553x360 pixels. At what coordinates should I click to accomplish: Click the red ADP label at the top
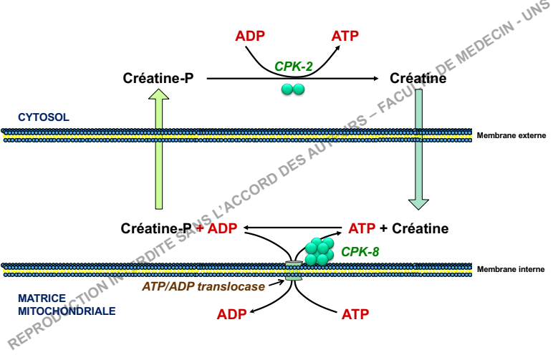250,36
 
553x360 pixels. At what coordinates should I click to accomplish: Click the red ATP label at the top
345,36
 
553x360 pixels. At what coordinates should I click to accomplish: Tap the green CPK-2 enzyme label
294,67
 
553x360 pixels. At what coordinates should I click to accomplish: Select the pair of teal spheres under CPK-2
293,89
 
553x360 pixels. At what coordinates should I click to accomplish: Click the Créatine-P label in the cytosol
158,78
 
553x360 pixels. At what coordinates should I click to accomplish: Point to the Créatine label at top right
418,78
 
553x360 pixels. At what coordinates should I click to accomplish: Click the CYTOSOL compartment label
44,117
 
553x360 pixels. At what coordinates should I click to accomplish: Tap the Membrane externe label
511,135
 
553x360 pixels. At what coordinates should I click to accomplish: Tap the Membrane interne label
511,269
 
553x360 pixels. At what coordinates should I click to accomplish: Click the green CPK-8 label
360,251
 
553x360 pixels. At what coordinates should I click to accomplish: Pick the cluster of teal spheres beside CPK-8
320,248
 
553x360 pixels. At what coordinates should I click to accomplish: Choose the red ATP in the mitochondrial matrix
356,313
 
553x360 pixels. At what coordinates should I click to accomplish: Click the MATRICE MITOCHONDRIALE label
57,304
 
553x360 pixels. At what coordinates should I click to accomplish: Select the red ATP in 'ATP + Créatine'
362,229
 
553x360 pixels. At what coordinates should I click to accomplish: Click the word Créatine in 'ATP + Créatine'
420,229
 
